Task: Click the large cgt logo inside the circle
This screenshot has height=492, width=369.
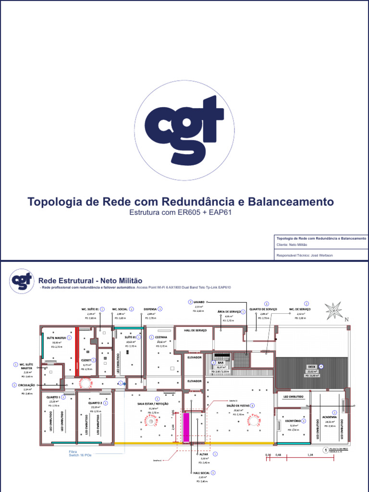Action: pyautogui.click(x=184, y=130)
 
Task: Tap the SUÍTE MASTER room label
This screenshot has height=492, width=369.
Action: pyautogui.click(x=57, y=338)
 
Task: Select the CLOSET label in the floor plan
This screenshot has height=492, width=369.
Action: pyautogui.click(x=86, y=359)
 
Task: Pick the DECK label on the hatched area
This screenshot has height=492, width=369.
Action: pyautogui.click(x=311, y=367)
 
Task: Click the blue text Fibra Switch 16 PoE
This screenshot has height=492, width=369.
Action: pyautogui.click(x=79, y=453)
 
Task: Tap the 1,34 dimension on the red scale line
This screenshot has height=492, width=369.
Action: pyautogui.click(x=310, y=454)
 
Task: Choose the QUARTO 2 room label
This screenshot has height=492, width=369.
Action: pyautogui.click(x=94, y=403)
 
